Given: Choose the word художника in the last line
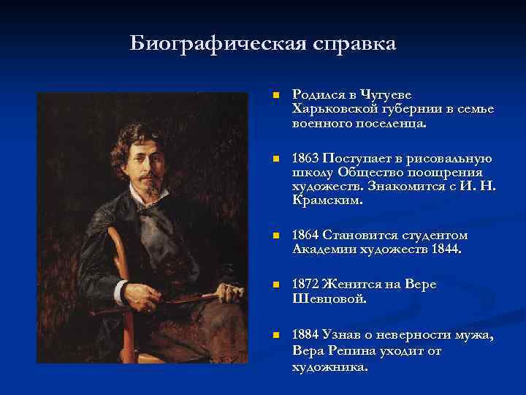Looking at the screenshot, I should [327, 366].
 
